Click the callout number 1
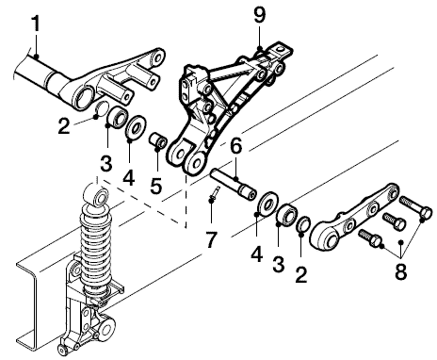pos(36,24)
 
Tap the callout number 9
pos(260,15)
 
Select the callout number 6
pos(236,146)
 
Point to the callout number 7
pos(211,239)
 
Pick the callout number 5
pos(156,186)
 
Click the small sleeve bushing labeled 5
pos(157,141)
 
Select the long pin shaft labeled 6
pos(234,186)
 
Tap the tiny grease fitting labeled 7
pos(215,193)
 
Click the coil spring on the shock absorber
pos(95,248)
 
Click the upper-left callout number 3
pos(106,163)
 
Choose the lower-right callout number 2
pos(301,274)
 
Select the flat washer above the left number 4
pos(136,126)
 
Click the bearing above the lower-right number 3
pos(287,214)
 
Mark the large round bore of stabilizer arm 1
pos(83,97)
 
